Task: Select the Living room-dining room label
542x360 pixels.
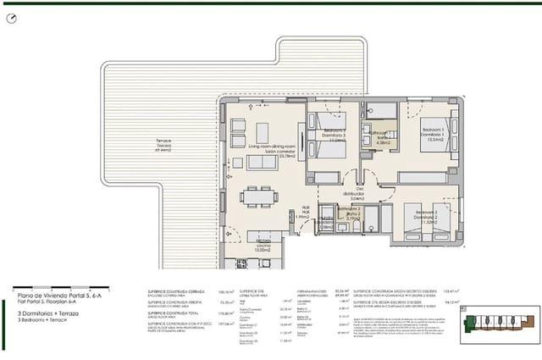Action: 271,149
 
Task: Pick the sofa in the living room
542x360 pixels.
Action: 262,162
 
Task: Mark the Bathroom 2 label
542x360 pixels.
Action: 352,214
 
